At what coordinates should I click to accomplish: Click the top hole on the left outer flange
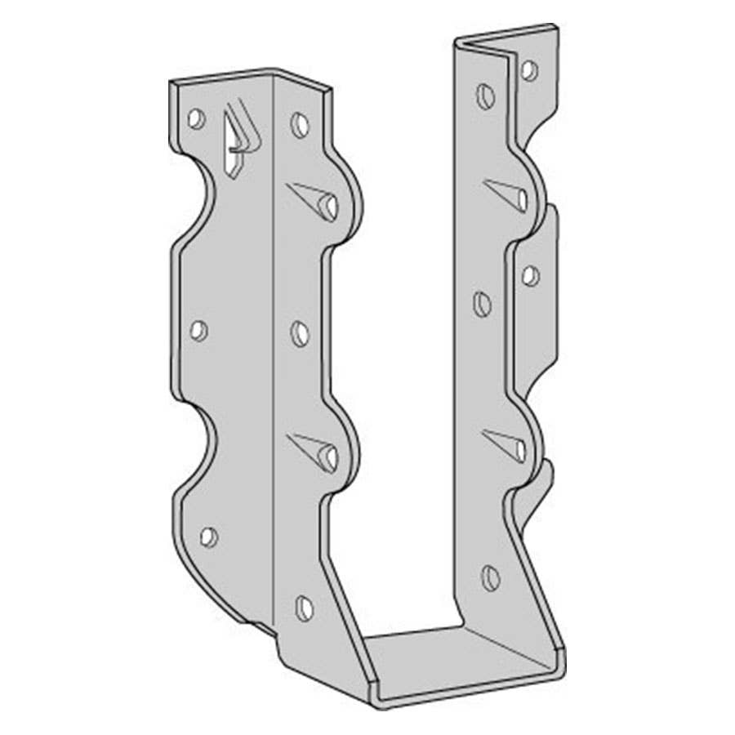click(x=196, y=118)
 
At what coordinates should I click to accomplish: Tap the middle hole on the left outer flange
click(x=198, y=330)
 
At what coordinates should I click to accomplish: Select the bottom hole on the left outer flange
click(x=209, y=537)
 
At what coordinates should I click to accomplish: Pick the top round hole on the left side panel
click(x=301, y=124)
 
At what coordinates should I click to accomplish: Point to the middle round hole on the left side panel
click(x=301, y=333)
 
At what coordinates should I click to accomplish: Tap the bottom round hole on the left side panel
click(x=305, y=608)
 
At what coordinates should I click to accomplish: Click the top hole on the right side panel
click(x=485, y=96)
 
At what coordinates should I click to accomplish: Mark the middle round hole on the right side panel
click(x=483, y=305)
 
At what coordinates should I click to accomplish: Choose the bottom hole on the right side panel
click(x=490, y=578)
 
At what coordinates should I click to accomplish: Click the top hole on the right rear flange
click(x=529, y=70)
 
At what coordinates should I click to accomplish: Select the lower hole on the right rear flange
click(x=531, y=276)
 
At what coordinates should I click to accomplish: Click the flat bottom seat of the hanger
click(x=457, y=653)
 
